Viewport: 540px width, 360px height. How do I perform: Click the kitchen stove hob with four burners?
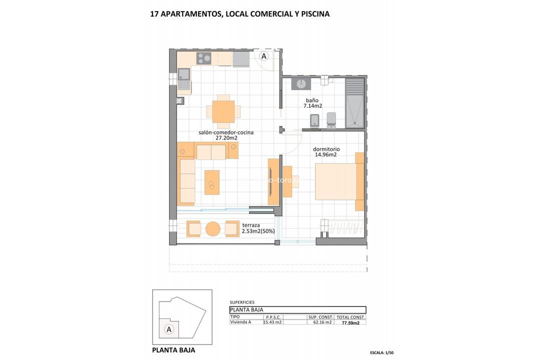[203, 58]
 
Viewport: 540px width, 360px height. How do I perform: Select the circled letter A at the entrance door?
[264, 55]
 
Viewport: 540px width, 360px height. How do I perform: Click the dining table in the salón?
[223, 111]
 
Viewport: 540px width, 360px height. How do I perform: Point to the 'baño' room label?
[311, 100]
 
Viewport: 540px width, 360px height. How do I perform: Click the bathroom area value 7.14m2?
[313, 106]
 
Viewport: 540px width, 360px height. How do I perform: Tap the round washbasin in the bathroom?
[301, 83]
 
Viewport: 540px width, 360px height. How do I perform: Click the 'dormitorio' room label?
[326, 149]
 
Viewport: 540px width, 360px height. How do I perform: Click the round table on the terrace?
[212, 229]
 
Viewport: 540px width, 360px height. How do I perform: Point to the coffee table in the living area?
[212, 182]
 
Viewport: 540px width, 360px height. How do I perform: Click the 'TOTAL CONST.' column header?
[351, 317]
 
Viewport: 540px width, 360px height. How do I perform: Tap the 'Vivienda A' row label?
[240, 322]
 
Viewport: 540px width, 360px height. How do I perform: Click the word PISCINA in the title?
[312, 14]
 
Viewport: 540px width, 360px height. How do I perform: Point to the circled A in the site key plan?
[169, 329]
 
